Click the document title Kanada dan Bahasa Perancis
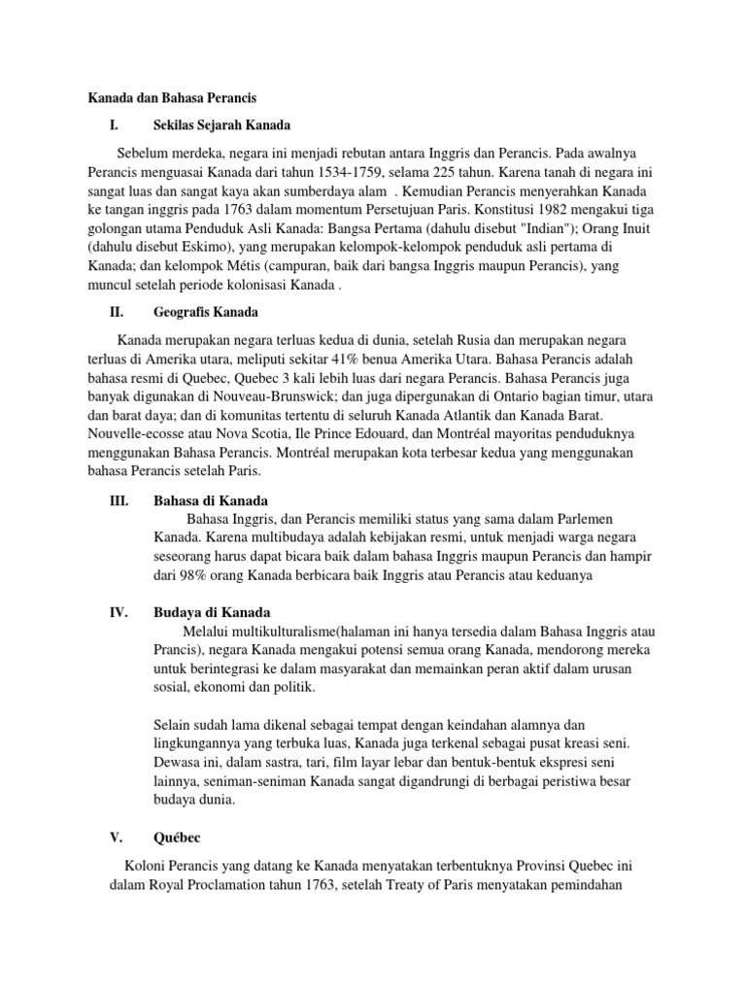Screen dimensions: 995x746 coord(172,98)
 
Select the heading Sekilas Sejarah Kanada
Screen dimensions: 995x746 coord(222,125)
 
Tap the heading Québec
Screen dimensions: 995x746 coord(178,837)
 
